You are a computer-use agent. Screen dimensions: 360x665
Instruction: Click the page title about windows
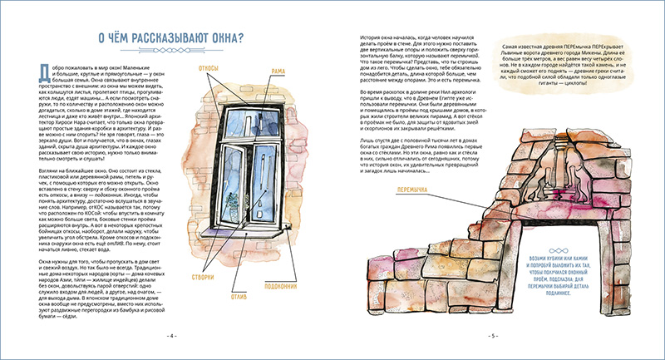point(167,40)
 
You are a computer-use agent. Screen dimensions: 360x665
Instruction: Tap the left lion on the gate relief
point(544,175)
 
